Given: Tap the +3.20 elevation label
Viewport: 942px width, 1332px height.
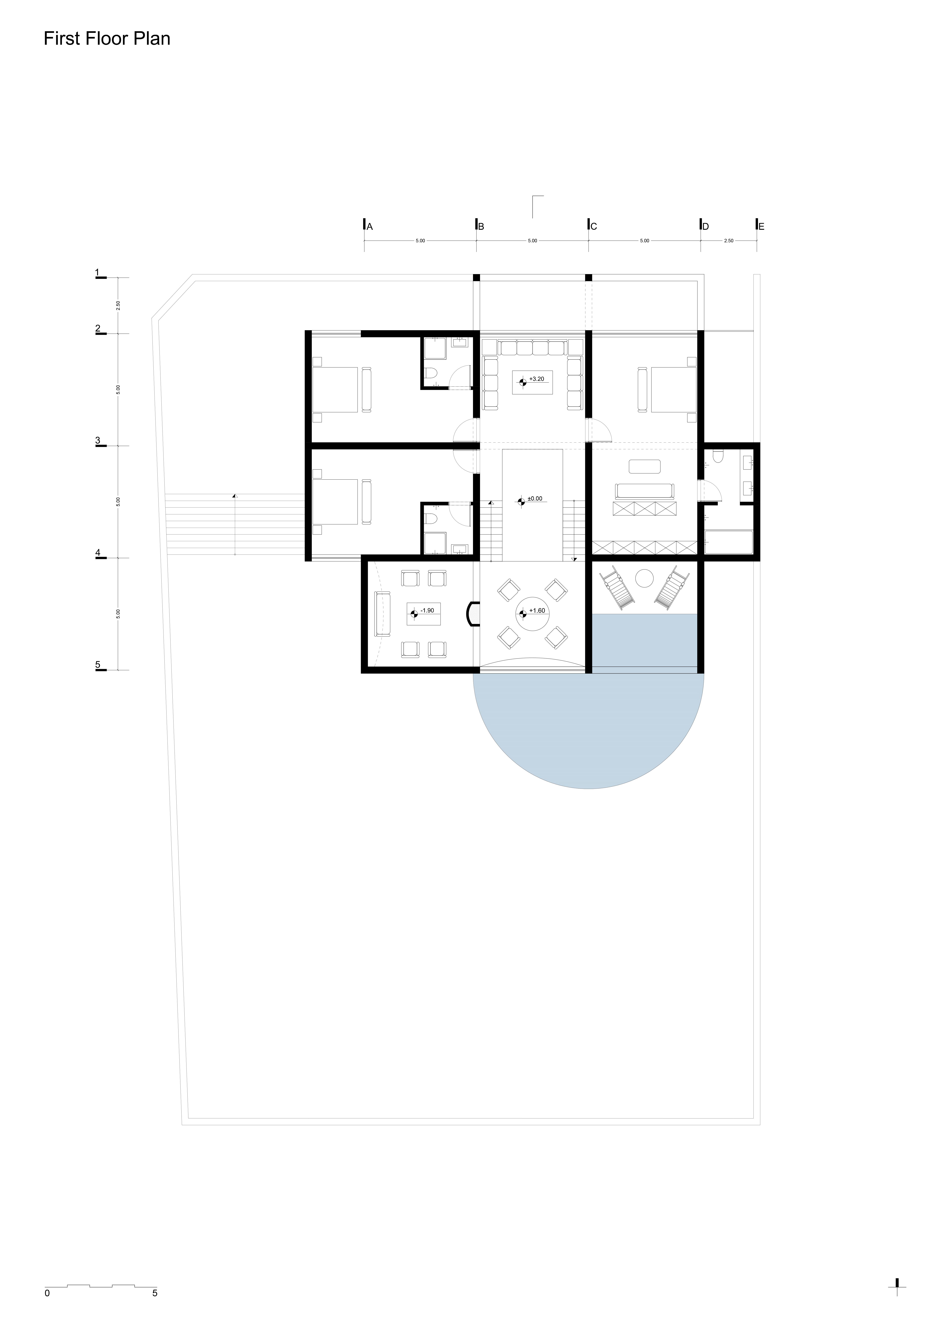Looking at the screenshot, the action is pos(537,379).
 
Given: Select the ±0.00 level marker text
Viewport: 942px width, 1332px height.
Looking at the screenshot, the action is pos(535,498).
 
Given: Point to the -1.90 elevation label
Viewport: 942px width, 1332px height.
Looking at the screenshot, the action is pos(427,610).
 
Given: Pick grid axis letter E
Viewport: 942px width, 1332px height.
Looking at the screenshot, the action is pos(762,227).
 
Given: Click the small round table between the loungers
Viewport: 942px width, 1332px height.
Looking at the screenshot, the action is pos(644,578).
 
